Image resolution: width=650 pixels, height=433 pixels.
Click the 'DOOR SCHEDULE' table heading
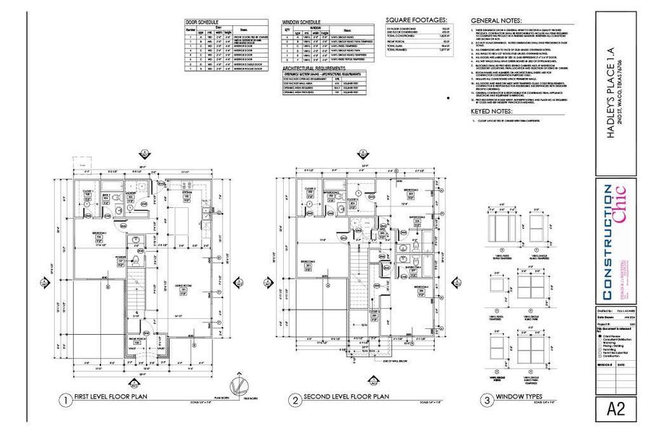(x=203, y=22)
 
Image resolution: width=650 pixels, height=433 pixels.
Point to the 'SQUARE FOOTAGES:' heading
(x=416, y=20)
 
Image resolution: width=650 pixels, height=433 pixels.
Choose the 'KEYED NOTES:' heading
(x=492, y=112)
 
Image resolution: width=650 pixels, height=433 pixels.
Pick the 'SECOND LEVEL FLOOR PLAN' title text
(x=347, y=398)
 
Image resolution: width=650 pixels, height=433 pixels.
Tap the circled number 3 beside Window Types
(x=487, y=399)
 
